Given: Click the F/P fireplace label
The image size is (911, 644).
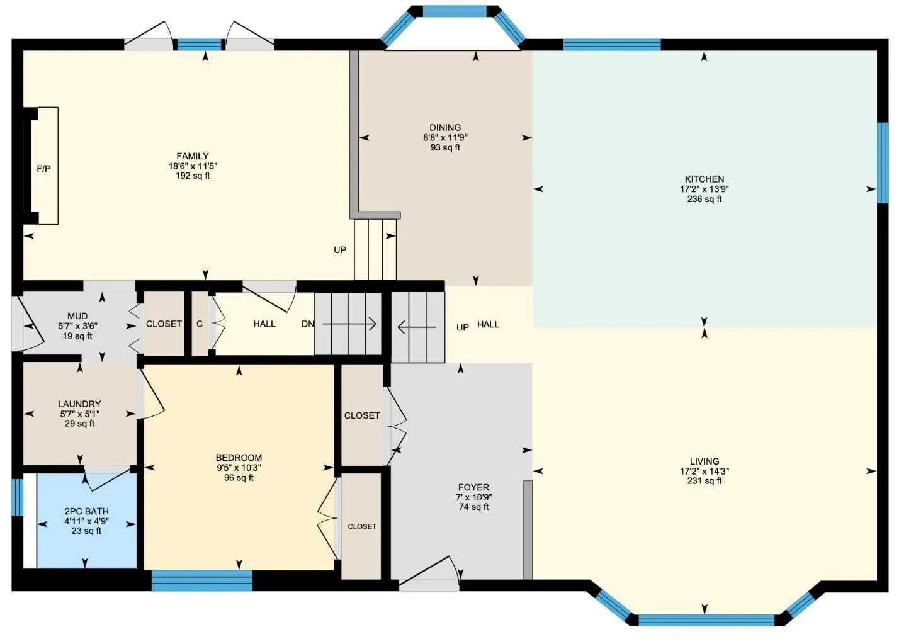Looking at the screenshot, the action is coord(44,168).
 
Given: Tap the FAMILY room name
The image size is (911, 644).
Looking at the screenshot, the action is coord(193,156).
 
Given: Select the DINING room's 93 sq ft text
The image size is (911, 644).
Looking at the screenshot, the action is coord(445,147).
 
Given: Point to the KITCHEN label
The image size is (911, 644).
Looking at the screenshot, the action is coord(704,179).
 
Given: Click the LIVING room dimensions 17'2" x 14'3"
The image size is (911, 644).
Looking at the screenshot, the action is coord(704,472).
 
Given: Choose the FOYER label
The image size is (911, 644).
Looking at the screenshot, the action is coord(474,487).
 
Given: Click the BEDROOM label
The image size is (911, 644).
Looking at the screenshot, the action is coord(239,458).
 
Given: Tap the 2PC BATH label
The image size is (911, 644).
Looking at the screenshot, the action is coord(87,511).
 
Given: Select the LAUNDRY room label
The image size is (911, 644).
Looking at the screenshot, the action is coord(79,404).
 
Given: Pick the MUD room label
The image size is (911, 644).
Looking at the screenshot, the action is coord(77,316).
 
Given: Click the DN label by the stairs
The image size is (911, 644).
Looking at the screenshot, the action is coord(308,324).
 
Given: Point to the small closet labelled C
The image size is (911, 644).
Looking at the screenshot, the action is coord(200,324).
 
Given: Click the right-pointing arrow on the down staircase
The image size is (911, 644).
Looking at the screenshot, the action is coord(349,324).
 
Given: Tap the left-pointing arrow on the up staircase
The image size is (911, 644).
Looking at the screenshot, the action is coord(417,327).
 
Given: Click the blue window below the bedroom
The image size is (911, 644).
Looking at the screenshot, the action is coord(201,580).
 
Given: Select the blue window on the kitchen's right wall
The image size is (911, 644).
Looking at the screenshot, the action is coord(883,162).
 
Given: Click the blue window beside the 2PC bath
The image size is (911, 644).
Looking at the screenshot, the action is coord(17,497).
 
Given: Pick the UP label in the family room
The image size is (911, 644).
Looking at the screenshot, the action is coord(340,250).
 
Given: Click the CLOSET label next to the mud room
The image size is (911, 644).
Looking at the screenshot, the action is coord(164,324).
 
